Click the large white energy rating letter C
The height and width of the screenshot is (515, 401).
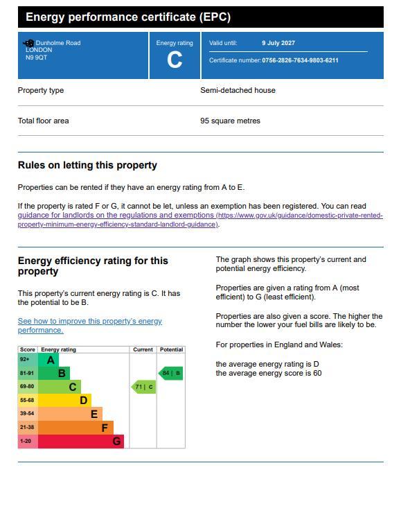click(175, 60)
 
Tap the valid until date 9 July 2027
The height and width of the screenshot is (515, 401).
click(278, 43)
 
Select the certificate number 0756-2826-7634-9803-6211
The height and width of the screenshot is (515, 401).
click(300, 60)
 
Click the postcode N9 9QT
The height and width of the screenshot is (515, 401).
click(37, 58)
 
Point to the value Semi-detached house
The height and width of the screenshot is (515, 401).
click(238, 90)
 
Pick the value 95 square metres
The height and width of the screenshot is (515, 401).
click(230, 121)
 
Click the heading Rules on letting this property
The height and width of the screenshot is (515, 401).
click(87, 165)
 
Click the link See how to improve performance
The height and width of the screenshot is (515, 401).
click(90, 326)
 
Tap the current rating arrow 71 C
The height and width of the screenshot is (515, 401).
click(144, 387)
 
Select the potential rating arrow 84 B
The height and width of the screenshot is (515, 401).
click(170, 373)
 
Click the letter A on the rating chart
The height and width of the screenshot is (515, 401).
click(51, 360)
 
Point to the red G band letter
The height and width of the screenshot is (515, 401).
click(116, 441)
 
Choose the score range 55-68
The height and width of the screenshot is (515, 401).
click(27, 401)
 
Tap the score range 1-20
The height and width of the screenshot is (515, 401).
click(26, 441)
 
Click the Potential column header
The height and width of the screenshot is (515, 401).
click(171, 350)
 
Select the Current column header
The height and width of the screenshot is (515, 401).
click(143, 350)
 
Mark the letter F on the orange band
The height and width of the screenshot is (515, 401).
click(105, 428)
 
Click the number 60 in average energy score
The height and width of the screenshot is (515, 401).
click(317, 374)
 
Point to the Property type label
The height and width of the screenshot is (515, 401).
click(41, 91)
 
